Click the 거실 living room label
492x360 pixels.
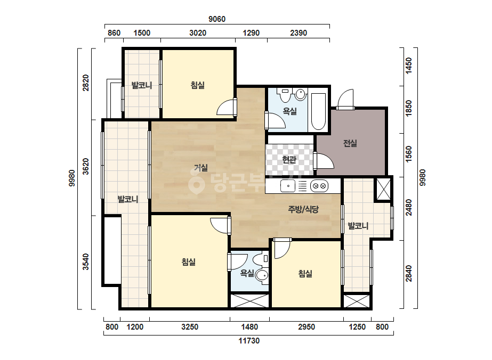(200, 168)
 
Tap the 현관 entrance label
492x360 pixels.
(289, 160)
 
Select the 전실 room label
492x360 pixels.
(350, 143)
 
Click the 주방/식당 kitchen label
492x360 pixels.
(303, 209)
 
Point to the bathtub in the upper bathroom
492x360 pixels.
(318, 111)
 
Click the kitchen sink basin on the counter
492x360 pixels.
(288, 186)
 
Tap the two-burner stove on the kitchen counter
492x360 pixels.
(319, 186)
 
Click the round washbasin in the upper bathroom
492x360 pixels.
(300, 94)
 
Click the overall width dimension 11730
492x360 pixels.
(249, 341)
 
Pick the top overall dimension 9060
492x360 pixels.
(217, 19)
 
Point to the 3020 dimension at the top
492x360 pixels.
(198, 33)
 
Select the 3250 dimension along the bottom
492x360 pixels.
(190, 327)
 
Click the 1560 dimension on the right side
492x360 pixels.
(409, 154)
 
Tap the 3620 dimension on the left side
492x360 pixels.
(86, 167)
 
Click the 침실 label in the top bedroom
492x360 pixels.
(198, 85)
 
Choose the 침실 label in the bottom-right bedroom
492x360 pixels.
(305, 274)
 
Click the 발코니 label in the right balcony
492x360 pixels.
(358, 226)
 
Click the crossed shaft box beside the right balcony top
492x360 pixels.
(383, 189)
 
